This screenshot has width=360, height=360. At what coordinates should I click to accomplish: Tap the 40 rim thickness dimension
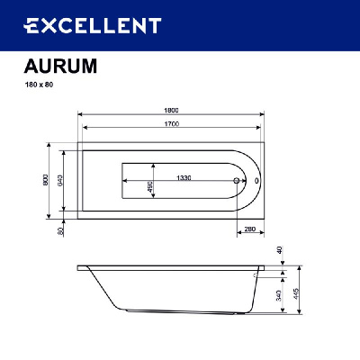point(280,250)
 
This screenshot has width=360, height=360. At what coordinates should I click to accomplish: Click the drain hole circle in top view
point(238,180)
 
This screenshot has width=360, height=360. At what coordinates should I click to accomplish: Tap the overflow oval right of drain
point(256,180)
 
